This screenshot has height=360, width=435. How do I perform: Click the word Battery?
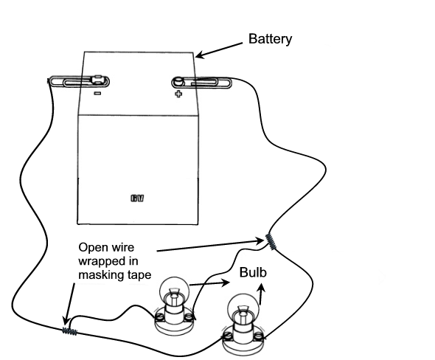point(270,39)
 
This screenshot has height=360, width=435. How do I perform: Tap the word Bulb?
point(253,272)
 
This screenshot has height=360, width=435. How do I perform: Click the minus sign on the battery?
point(97,93)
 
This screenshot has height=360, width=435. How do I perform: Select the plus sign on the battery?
point(178,94)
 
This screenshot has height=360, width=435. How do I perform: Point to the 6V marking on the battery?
point(137,198)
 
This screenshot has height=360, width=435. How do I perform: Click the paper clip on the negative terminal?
point(80,82)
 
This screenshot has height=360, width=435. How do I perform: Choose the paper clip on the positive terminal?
point(201,82)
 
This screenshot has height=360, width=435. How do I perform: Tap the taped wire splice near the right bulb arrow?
point(271,242)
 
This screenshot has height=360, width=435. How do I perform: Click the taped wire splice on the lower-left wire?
point(69,330)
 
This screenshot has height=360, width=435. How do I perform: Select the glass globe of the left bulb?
point(174,288)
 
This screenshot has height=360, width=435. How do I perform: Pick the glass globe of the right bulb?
point(243,307)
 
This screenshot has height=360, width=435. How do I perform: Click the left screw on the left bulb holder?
point(159,316)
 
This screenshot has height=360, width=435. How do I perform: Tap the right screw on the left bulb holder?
point(188,316)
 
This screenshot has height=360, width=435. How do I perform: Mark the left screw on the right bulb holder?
point(228,336)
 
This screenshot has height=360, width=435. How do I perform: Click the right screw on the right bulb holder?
point(259,337)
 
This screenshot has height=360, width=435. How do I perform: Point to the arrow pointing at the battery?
point(219,50)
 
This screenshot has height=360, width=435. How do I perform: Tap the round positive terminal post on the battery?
point(178,82)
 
